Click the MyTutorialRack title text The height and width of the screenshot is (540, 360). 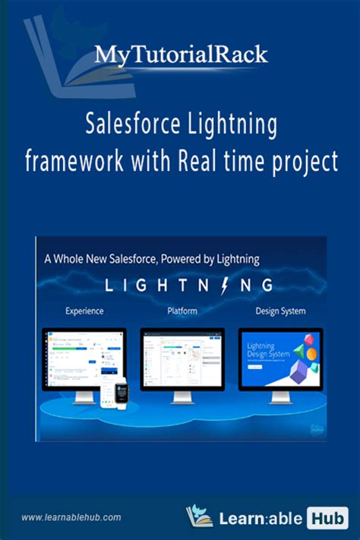pos(181,55)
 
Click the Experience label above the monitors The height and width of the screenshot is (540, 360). pos(84,311)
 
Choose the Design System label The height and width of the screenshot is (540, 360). pos(281,311)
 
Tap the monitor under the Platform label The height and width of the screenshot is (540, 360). pos(182,357)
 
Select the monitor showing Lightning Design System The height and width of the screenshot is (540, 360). pos(280,357)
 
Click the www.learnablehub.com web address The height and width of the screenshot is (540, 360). pos(71,517)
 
